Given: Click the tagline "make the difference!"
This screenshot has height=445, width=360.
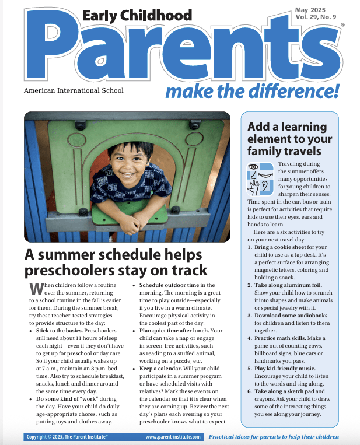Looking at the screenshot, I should (x=252, y=91).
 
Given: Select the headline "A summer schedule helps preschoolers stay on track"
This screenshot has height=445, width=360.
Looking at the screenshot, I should (x=114, y=262).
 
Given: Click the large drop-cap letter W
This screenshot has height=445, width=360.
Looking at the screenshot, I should (x=36, y=288).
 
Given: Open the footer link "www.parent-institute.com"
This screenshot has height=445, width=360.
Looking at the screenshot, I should (x=173, y=437).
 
